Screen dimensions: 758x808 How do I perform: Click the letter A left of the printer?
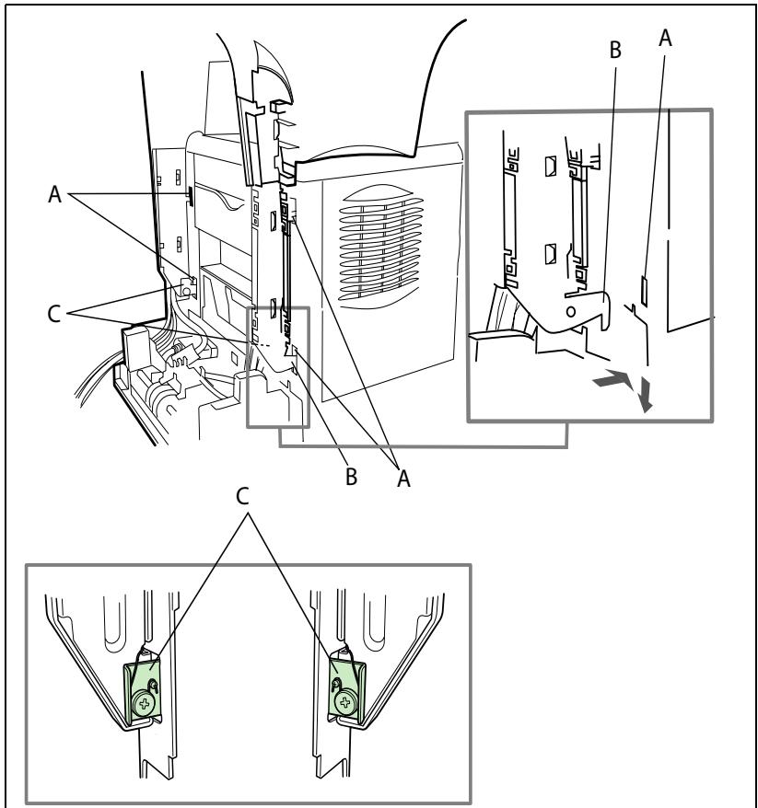54,194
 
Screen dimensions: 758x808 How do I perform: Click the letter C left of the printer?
54,314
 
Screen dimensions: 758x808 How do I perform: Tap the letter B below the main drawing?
351,477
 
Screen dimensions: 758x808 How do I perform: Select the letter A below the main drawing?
403,479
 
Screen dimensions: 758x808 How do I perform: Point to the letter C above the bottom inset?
242,496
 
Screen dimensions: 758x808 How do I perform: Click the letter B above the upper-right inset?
615,50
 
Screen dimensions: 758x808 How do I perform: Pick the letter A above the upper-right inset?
665,38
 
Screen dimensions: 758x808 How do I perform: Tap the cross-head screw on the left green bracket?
145,703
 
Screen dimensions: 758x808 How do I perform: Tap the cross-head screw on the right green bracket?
344,702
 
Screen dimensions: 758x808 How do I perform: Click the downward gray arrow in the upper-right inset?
645,394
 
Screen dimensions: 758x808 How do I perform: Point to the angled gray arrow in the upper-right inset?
613,379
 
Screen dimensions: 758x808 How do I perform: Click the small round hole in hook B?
570,311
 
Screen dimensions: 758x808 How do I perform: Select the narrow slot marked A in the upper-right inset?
644,291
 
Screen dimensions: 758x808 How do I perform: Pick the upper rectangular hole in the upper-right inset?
550,166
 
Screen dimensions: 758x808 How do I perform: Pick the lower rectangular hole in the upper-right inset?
550,253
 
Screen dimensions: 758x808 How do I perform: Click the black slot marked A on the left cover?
190,197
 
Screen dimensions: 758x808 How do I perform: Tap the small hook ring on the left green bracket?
153,685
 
